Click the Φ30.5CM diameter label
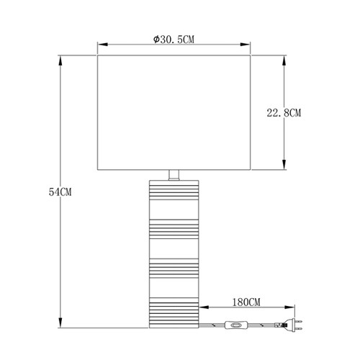tap(174, 40)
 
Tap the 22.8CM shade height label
tap(284, 112)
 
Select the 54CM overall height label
tap(60, 192)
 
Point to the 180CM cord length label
tap(246, 302)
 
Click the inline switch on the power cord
tap(236, 325)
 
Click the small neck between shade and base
tap(174, 175)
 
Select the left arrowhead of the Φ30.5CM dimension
tap(102, 45)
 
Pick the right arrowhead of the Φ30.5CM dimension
tap(246, 45)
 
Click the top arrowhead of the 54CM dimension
tap(60, 60)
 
